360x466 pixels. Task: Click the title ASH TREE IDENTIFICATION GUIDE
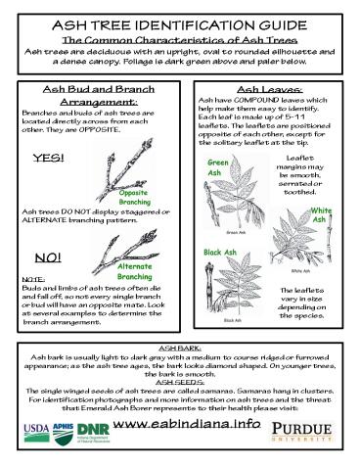click(179, 21)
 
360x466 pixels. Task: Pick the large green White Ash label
click(321, 216)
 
